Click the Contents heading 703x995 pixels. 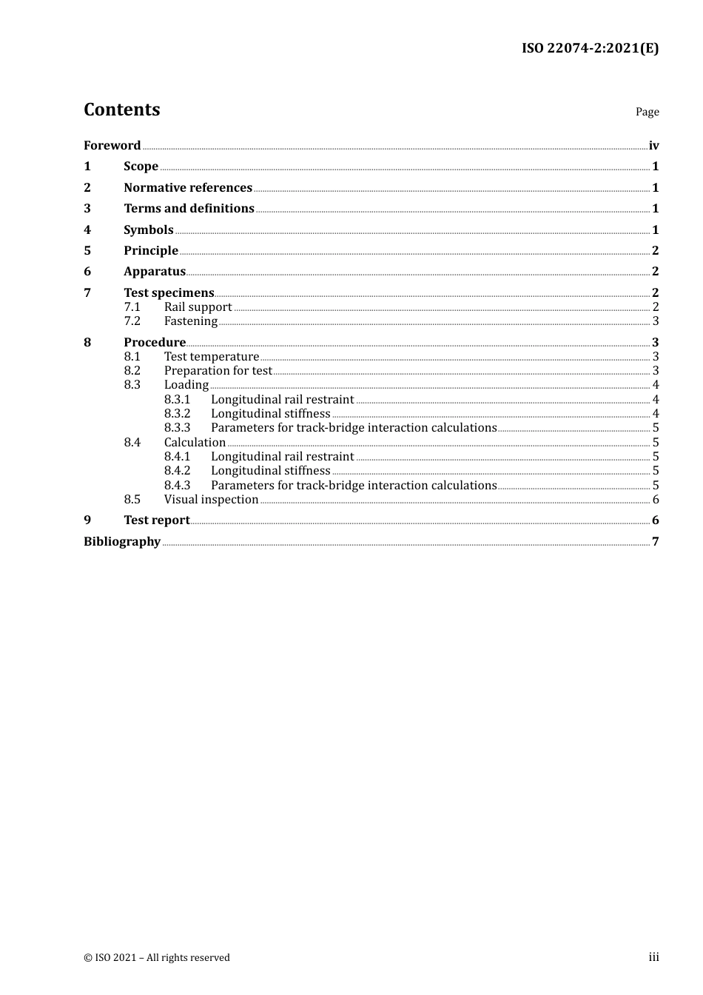pyautogui.click(x=121, y=110)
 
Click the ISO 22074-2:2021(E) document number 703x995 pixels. pyautogui.click(x=590, y=48)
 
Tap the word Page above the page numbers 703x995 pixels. pyautogui.click(x=647, y=112)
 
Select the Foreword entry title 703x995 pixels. pyautogui.click(x=112, y=145)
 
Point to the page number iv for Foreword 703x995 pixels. pyautogui.click(x=653, y=145)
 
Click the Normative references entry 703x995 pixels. pyautogui.click(x=188, y=187)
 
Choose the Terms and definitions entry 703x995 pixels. pyautogui.click(x=189, y=208)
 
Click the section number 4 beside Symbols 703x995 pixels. pyautogui.click(x=87, y=230)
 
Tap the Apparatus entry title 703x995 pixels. pyautogui.click(x=155, y=271)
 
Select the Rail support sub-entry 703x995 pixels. pyautogui.click(x=198, y=306)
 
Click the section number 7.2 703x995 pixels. pyautogui.click(x=132, y=321)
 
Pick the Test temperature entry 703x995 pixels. pyautogui.click(x=212, y=356)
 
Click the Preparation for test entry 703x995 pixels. pyautogui.click(x=218, y=370)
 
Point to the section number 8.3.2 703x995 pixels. pyautogui.click(x=177, y=413)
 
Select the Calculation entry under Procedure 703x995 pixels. pyautogui.click(x=195, y=442)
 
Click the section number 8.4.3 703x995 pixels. pyautogui.click(x=177, y=485)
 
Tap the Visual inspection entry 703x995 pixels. pyautogui.click(x=211, y=499)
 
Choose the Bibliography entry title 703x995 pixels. pyautogui.click(x=122, y=541)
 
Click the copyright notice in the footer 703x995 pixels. pyautogui.click(x=157, y=957)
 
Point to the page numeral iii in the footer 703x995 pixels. pyautogui.click(x=653, y=957)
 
